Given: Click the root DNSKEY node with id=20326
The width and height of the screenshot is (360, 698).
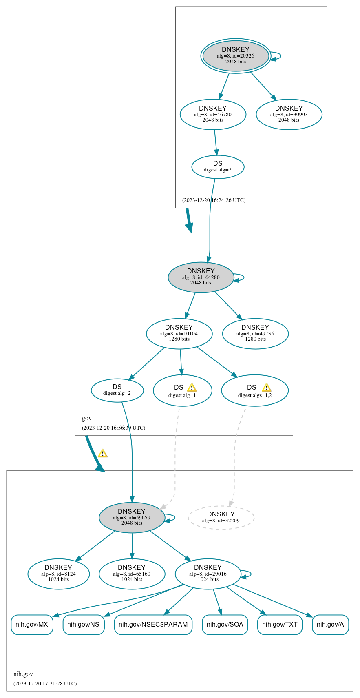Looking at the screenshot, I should pyautogui.click(x=236, y=56).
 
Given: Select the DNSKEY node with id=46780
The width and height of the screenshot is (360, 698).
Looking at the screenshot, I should pyautogui.click(x=213, y=115).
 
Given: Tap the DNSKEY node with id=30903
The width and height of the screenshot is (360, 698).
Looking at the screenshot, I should pyautogui.click(x=289, y=115).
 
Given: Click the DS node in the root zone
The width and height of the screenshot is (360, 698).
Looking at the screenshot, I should pyautogui.click(x=218, y=166).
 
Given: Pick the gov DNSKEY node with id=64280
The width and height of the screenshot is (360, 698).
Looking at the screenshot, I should pyautogui.click(x=201, y=277).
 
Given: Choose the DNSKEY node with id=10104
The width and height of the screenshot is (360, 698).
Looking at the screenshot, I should pyautogui.click(x=179, y=334).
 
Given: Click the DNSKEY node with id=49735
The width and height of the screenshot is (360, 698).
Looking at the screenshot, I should pyautogui.click(x=255, y=334).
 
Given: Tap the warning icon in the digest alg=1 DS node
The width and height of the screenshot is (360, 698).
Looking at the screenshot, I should pyautogui.click(x=192, y=388).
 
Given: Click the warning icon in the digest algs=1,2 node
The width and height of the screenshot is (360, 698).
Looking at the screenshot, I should pyautogui.click(x=266, y=388).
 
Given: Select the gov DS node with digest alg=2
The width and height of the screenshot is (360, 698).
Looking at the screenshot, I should pyautogui.click(x=117, y=390).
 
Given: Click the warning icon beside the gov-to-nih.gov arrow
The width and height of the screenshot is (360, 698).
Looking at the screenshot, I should pyautogui.click(x=103, y=453).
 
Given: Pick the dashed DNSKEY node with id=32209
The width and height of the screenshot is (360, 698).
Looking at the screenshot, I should pyautogui.click(x=221, y=517).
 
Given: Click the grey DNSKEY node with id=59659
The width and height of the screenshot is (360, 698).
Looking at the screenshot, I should pyautogui.click(x=132, y=517).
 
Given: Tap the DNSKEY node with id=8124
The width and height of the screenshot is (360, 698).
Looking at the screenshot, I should pyautogui.click(x=58, y=574).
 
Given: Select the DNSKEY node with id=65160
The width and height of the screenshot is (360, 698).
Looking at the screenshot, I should pyautogui.click(x=132, y=574).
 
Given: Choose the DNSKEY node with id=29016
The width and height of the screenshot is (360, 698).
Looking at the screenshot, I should pyautogui.click(x=208, y=574).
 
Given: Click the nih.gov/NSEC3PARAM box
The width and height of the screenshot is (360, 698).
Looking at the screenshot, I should pyautogui.click(x=153, y=625).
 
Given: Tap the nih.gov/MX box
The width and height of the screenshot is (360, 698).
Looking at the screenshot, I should pyautogui.click(x=32, y=625).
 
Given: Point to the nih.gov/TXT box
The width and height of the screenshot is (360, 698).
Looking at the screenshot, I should pyautogui.click(x=280, y=625).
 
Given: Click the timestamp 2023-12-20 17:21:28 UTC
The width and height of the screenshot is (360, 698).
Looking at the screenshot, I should pyautogui.click(x=45, y=683).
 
